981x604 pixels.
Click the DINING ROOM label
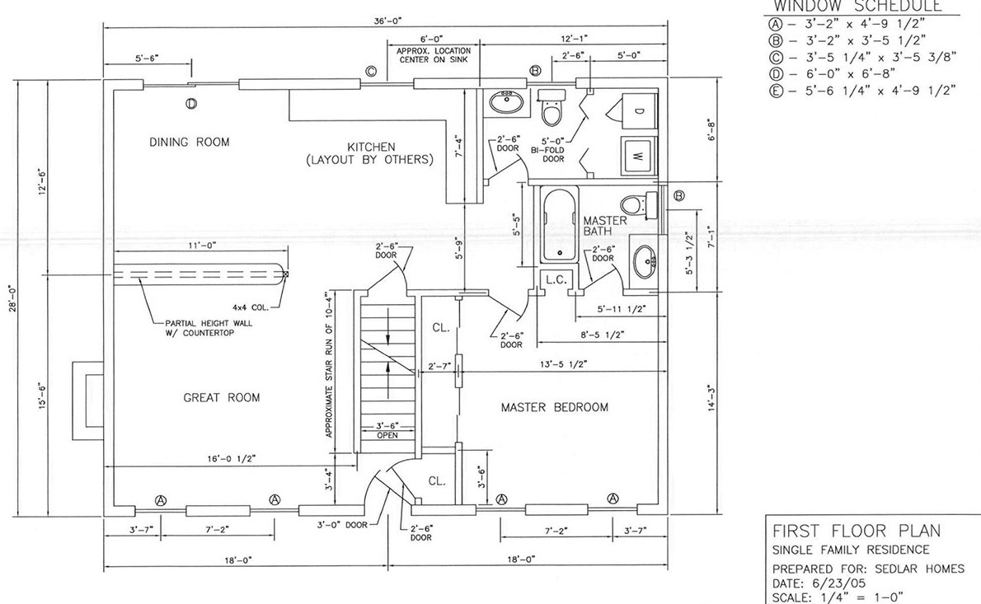[x=190, y=143]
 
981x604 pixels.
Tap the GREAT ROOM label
[x=221, y=398]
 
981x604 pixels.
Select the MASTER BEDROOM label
[x=555, y=407]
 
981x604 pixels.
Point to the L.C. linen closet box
[x=556, y=280]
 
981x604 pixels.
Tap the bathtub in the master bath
[x=560, y=225]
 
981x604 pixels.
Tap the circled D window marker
[x=191, y=104]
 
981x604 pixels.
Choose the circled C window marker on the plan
[x=371, y=72]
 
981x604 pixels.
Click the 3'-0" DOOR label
[x=343, y=524]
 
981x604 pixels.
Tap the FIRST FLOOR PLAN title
[x=853, y=531]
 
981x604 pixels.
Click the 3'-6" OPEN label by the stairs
[x=386, y=430]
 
